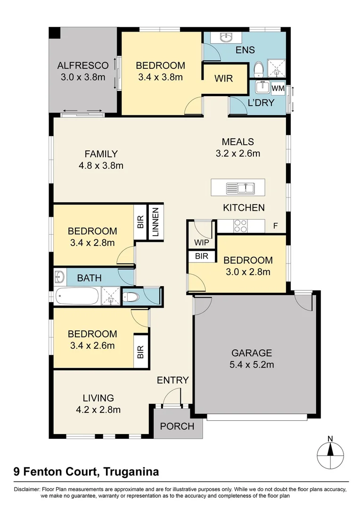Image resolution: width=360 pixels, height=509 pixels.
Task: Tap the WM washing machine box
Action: [x=278, y=88]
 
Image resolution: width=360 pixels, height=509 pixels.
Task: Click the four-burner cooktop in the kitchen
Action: [x=240, y=226]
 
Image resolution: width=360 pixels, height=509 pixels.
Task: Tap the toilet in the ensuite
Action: [x=258, y=70]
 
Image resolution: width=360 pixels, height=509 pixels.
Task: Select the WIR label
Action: [x=223, y=78]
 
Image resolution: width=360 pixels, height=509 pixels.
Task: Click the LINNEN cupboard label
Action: [x=156, y=223]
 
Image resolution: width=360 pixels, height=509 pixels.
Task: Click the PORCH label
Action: [x=177, y=427]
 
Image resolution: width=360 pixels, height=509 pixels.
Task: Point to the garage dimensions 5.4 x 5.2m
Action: [x=252, y=364]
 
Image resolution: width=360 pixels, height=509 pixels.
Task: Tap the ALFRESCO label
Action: [x=83, y=66]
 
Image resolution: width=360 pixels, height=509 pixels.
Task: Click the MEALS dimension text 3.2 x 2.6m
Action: [x=238, y=153]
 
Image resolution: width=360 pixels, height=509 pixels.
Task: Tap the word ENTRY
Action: [x=172, y=380]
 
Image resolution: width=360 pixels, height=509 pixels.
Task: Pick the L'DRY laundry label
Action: [x=261, y=103]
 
